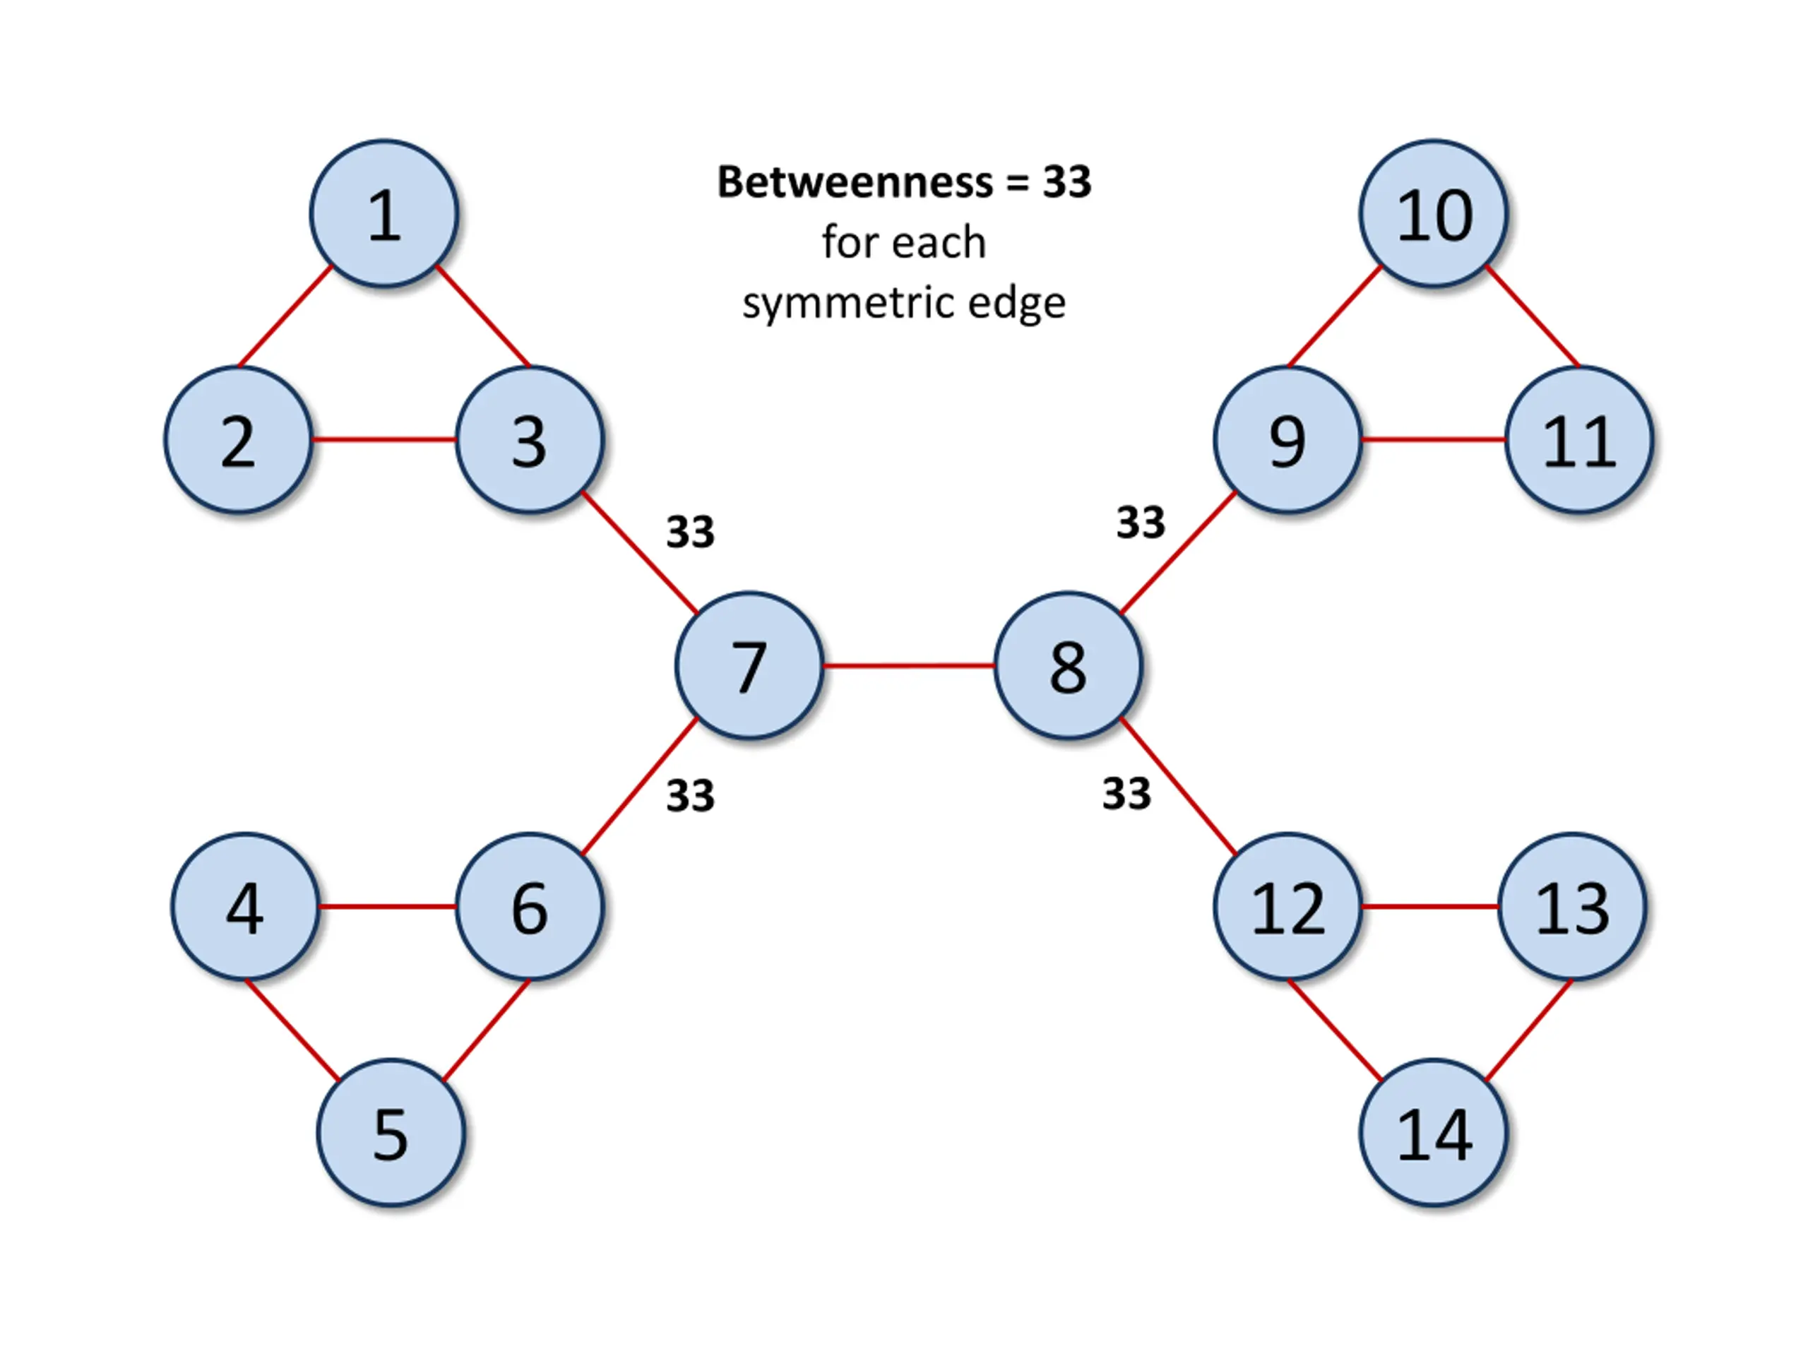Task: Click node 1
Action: [x=384, y=214]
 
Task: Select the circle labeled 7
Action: [x=749, y=666]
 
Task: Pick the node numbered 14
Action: [x=1434, y=1134]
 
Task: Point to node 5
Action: [x=391, y=1134]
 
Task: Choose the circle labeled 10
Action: [x=1434, y=214]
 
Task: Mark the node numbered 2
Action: [x=238, y=441]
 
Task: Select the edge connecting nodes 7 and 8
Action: [x=909, y=666]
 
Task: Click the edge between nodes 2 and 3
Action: [x=383, y=441]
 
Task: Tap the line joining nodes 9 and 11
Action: [x=1434, y=441]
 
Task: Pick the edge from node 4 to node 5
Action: [x=292, y=1030]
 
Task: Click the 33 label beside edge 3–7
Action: [x=691, y=532]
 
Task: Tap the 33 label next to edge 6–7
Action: [x=691, y=795]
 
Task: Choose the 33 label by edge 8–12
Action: [x=1126, y=794]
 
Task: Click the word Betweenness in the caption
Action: [x=855, y=182]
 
